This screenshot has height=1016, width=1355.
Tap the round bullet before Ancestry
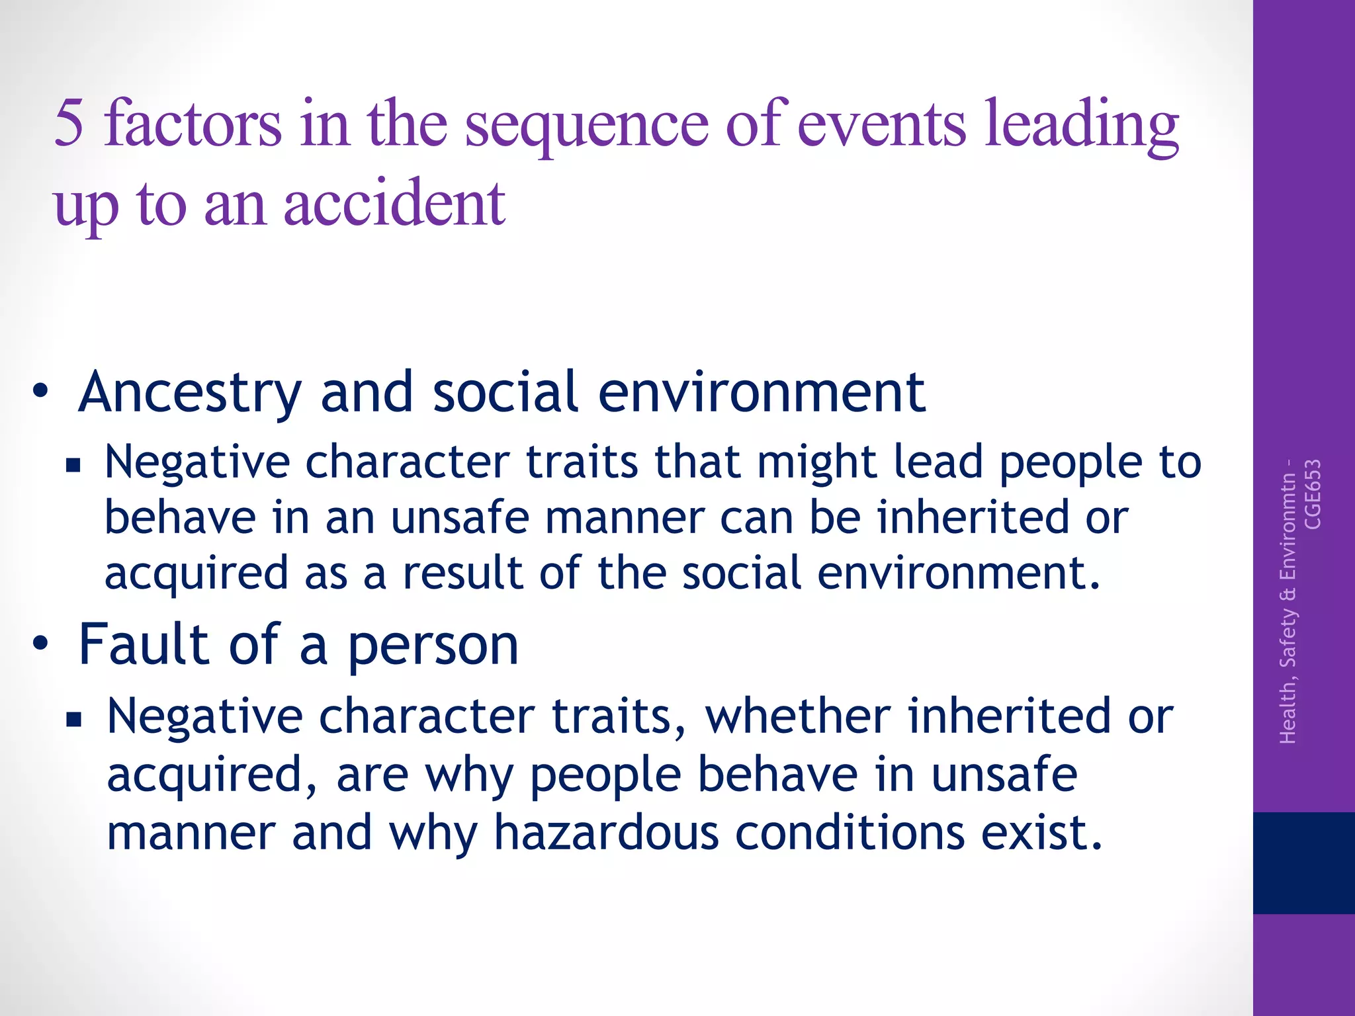40,391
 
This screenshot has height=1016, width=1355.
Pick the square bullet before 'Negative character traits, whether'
73,719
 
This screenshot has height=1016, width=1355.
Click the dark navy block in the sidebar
1303,863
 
